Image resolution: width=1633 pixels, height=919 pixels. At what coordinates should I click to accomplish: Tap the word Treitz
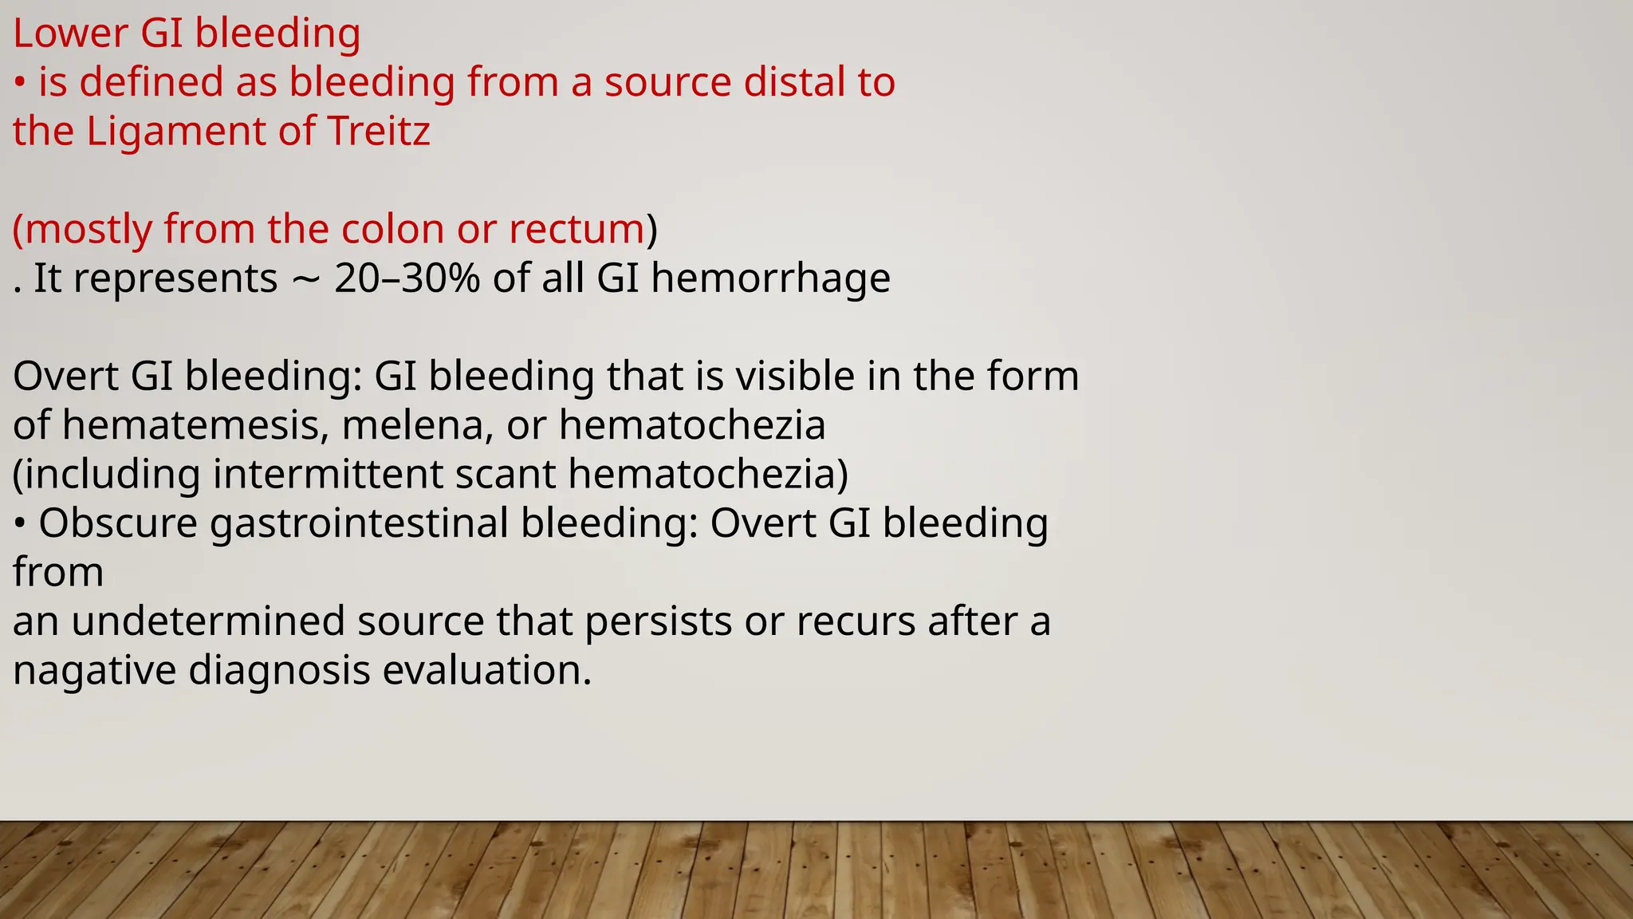pyautogui.click(x=379, y=132)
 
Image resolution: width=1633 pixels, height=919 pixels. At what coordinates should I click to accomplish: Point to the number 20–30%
pyautogui.click(x=407, y=278)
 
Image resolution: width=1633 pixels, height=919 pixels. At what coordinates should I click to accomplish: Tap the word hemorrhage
pyautogui.click(x=770, y=278)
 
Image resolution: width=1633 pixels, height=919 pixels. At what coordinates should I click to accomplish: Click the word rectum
pyautogui.click(x=576, y=230)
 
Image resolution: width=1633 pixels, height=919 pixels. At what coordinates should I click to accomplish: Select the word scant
pyautogui.click(x=505, y=475)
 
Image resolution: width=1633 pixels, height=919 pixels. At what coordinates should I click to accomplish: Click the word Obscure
pyautogui.click(x=118, y=524)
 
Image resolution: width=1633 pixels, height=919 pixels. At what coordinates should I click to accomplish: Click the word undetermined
pyautogui.click(x=208, y=621)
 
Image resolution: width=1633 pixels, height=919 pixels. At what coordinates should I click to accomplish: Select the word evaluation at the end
pyautogui.click(x=487, y=670)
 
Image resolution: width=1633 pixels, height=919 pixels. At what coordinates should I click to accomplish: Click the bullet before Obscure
pyautogui.click(x=20, y=525)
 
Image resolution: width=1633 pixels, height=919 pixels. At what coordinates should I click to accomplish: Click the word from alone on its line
pyautogui.click(x=57, y=573)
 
